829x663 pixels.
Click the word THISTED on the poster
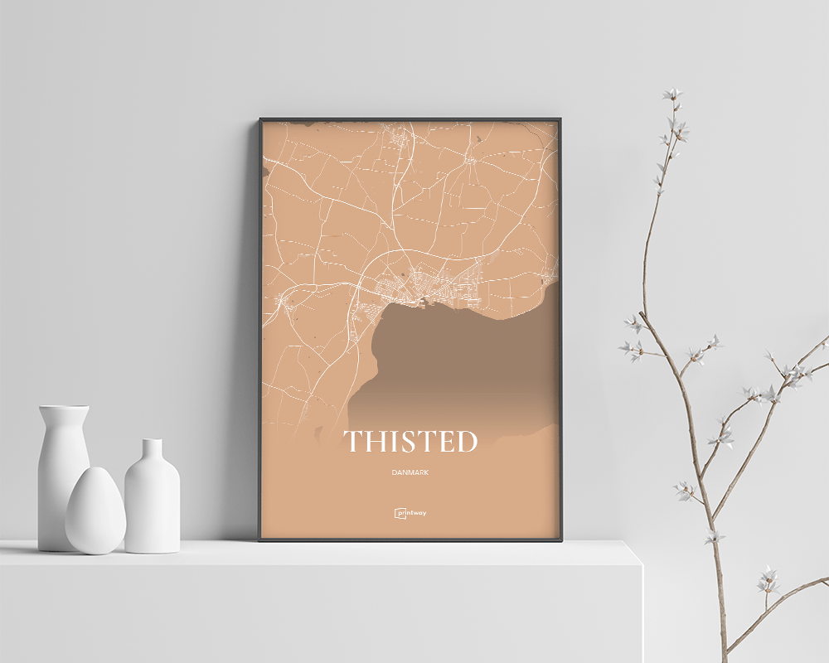tap(410, 442)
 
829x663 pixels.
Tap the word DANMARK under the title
tap(411, 472)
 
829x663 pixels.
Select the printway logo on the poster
tap(410, 513)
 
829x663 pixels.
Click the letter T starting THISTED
tap(352, 442)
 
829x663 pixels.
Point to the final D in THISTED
tap(467, 442)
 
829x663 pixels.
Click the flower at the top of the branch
tap(672, 95)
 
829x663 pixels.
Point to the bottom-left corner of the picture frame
tap(260, 540)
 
